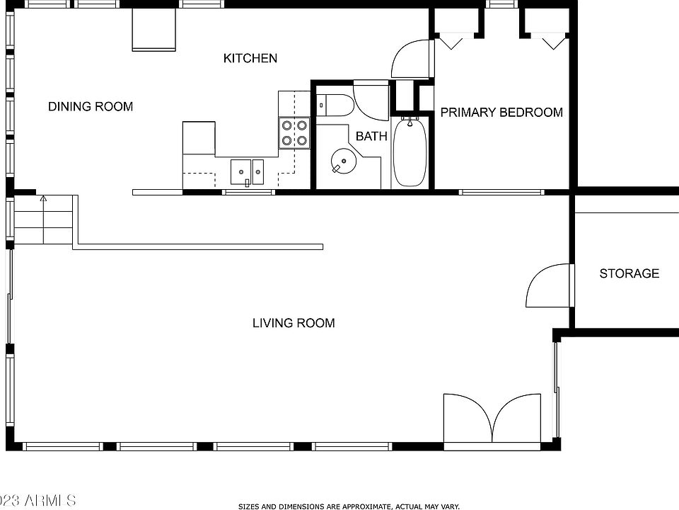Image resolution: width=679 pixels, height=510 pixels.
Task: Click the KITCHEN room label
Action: tap(250, 58)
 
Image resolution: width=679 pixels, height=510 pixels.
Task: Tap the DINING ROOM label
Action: tap(91, 107)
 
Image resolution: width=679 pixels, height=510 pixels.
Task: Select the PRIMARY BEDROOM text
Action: tap(501, 112)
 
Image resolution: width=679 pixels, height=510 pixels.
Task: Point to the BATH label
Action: tap(371, 136)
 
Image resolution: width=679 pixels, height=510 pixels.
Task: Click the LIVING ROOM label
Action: tap(294, 323)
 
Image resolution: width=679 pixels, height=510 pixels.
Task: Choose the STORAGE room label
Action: tap(629, 273)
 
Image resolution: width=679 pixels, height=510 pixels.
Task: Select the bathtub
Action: tap(409, 152)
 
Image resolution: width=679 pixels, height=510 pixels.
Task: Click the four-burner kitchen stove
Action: tap(294, 132)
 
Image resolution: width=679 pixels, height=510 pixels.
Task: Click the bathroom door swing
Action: tap(372, 102)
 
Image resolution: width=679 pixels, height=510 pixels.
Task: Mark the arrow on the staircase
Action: tap(43, 200)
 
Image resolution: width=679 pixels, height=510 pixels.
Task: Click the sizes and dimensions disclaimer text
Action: tap(349, 506)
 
